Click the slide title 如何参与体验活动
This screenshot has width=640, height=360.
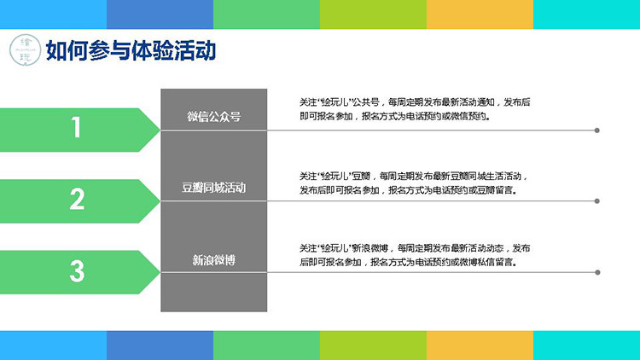click(x=131, y=50)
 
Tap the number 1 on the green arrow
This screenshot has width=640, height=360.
click(x=76, y=127)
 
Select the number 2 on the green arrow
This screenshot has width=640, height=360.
click(x=77, y=199)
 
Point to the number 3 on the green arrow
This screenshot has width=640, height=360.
click(x=77, y=271)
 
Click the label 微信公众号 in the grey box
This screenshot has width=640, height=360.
click(x=214, y=117)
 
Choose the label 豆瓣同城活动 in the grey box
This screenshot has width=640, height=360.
click(x=214, y=188)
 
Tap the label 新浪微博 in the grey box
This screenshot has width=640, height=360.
click(x=214, y=260)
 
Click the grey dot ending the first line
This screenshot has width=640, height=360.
click(x=596, y=131)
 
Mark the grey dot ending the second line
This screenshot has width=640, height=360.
click(x=596, y=201)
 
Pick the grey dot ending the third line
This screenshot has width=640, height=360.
click(x=597, y=272)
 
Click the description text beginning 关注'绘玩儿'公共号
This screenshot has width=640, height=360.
click(x=415, y=109)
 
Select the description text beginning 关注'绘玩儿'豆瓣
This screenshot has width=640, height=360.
click(x=414, y=183)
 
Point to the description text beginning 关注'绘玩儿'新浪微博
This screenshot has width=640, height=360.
click(x=415, y=255)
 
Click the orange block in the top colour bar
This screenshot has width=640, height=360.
click(x=480, y=15)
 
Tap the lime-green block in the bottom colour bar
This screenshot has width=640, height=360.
click(x=373, y=345)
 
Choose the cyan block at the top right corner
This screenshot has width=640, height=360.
click(x=586, y=15)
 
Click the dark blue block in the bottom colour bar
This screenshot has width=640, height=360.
click(x=160, y=345)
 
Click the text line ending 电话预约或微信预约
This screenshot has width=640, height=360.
click(x=395, y=116)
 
